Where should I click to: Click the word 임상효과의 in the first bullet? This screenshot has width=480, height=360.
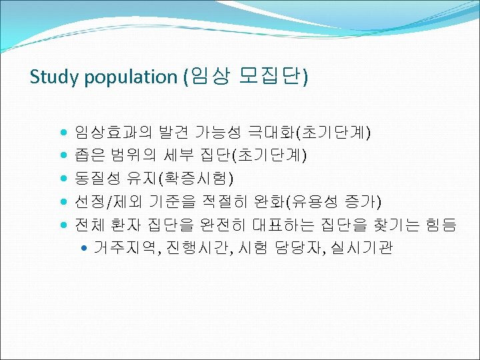tap(106, 132)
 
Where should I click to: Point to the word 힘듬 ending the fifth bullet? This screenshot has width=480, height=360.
tap(441, 225)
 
